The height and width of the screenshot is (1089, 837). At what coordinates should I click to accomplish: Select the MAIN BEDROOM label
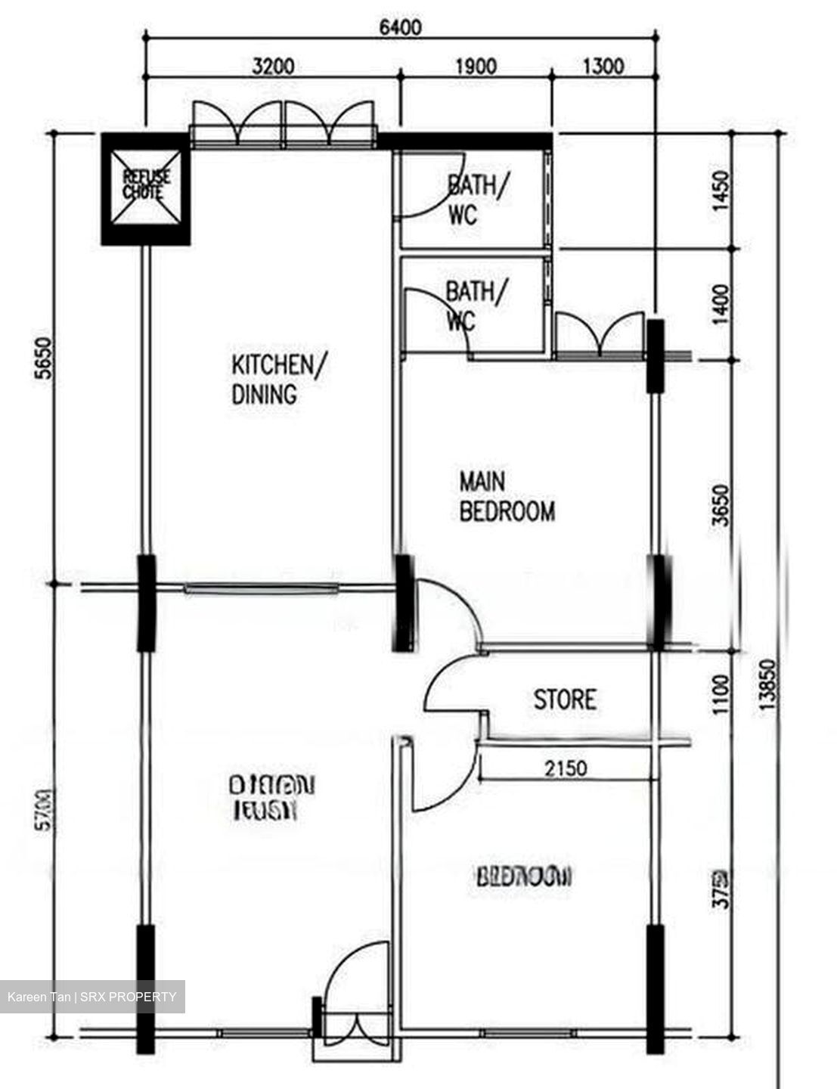(507, 497)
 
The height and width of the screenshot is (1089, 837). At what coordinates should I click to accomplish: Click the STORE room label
(565, 700)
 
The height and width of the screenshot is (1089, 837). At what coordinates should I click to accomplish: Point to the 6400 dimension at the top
(400, 28)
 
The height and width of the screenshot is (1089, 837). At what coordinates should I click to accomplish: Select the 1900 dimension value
(476, 67)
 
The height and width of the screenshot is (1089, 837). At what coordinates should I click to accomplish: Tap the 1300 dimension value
(604, 67)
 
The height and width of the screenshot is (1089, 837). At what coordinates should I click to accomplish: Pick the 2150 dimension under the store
(566, 769)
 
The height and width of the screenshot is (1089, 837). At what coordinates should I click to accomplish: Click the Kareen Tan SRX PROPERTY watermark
(92, 997)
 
